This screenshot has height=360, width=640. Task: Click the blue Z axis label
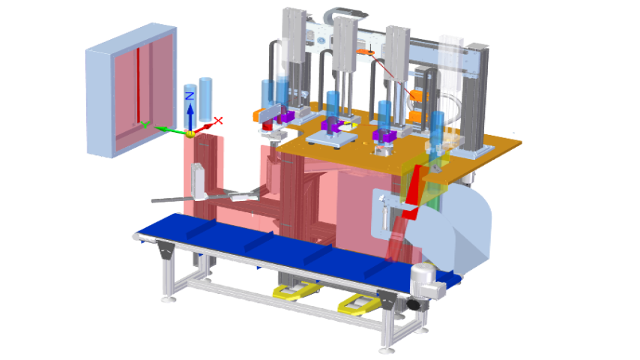190,96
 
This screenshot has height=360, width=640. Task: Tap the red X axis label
218,121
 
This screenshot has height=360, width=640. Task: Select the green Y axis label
145,124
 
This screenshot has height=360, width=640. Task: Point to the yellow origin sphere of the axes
190,134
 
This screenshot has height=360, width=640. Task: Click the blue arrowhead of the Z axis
190,109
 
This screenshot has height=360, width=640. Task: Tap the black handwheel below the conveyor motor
413,304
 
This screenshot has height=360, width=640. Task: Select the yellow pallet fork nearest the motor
356,304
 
